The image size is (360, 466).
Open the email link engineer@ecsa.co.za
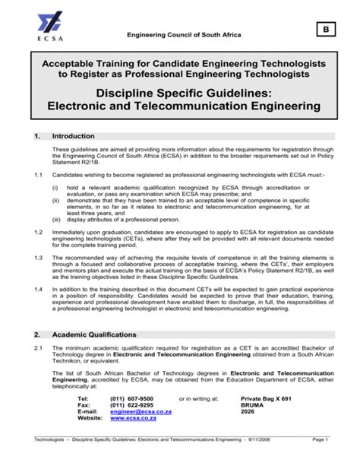(x=141, y=411)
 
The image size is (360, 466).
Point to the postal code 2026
(x=248, y=411)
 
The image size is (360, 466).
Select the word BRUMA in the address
(x=252, y=405)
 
